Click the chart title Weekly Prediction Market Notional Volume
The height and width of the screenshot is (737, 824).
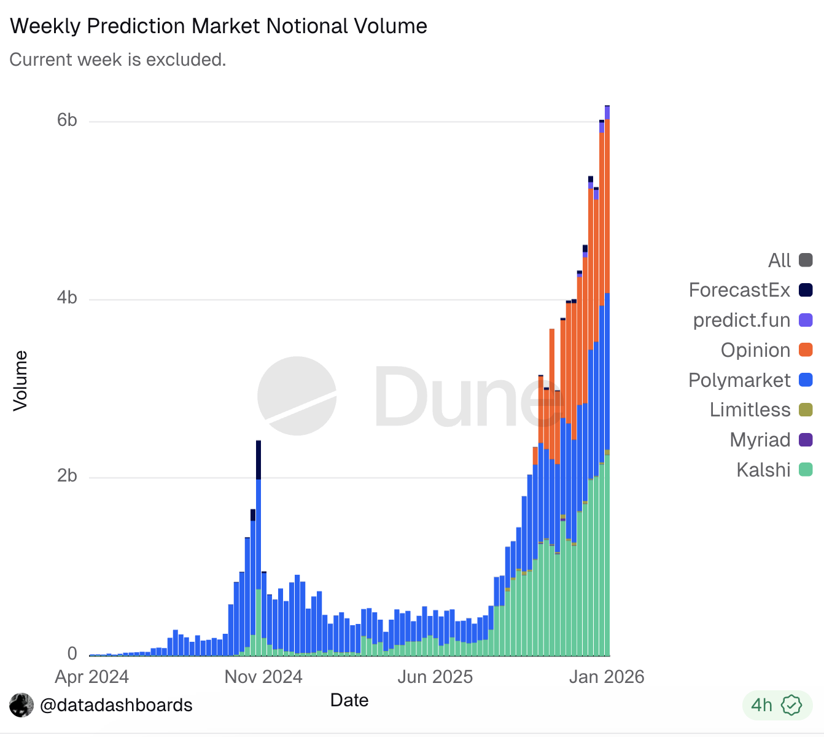(219, 26)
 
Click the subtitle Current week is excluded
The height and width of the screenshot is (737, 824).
(118, 60)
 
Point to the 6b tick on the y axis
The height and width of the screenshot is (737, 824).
(67, 120)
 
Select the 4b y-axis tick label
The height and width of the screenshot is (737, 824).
(67, 298)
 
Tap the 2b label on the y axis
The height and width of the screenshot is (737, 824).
(67, 476)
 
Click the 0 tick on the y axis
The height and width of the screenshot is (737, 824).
(72, 653)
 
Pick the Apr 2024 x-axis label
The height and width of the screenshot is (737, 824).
(92, 677)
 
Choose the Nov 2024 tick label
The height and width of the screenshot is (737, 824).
(263, 677)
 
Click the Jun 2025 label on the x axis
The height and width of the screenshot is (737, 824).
(435, 677)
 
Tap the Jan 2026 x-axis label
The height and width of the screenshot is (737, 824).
(607, 677)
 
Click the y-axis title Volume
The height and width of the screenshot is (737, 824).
(21, 381)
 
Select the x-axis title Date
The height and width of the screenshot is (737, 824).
(349, 700)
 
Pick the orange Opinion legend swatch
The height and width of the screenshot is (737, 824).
(806, 350)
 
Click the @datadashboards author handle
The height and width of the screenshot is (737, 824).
(116, 705)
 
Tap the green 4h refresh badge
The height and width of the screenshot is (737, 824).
(777, 705)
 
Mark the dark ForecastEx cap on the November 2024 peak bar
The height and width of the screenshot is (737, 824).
(258, 459)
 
